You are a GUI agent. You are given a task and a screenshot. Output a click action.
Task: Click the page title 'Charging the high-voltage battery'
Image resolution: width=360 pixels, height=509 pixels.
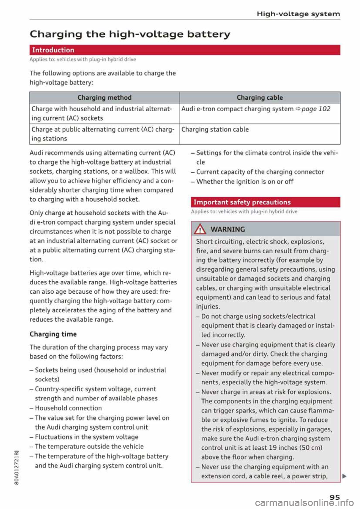pos(130,34)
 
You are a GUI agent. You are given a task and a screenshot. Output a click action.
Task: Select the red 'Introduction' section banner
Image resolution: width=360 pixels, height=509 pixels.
pos(184,50)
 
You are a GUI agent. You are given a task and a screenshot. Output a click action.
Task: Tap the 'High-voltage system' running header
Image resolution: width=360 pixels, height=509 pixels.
pos(298,14)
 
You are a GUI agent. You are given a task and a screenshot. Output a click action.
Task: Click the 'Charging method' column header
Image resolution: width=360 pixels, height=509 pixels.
pos(104,97)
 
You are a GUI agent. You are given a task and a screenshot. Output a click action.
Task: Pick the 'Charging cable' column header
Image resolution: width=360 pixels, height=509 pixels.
pos(259,97)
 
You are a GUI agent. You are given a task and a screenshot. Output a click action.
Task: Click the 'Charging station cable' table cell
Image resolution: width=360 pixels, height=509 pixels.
pos(215,129)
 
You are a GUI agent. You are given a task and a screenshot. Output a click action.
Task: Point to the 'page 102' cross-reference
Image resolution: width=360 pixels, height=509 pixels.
pos(316,109)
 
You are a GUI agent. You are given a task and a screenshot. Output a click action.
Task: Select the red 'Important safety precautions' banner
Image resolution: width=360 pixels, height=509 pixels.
pos(265,202)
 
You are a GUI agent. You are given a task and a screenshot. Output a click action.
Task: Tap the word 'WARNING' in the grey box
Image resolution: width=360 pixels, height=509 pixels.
pos(228,229)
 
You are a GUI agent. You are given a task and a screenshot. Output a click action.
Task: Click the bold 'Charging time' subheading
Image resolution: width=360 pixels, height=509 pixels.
pos(53,334)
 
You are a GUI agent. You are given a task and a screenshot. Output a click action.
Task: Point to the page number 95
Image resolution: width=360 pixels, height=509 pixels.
pos(334,497)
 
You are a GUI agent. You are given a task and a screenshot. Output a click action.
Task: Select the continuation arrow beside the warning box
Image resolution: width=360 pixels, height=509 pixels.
pos(344,476)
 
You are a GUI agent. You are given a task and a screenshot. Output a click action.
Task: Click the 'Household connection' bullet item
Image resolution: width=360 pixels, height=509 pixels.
pos(68,408)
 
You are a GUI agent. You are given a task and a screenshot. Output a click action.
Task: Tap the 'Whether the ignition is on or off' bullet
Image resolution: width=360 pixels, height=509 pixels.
pos(244,181)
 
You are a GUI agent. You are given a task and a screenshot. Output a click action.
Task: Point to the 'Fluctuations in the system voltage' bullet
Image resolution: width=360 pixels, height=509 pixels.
pos(86,437)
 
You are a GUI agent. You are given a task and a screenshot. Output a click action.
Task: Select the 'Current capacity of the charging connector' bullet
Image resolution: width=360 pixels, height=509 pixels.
pos(260,172)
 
